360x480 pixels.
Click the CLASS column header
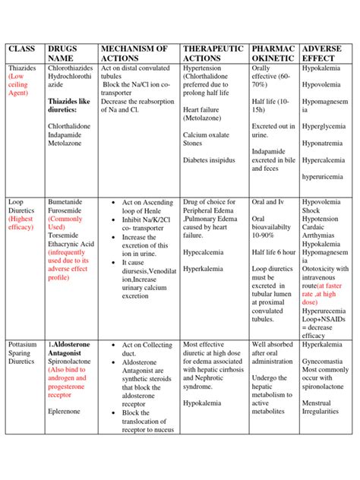24,50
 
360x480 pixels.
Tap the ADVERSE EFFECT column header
321,54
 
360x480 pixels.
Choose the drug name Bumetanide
68,203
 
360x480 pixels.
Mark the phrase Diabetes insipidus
209,160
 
